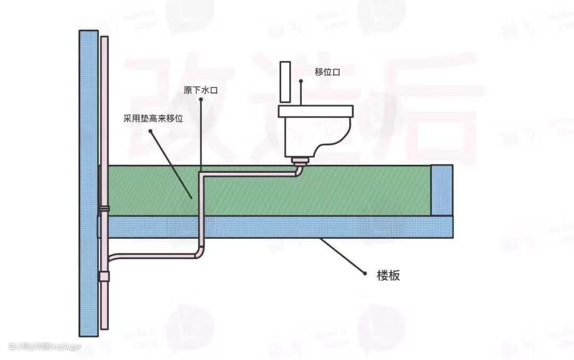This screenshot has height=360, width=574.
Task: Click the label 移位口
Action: pyautogui.click(x=327, y=72)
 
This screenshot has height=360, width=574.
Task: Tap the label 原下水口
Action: pyautogui.click(x=200, y=90)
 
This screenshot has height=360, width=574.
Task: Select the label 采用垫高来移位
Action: pyautogui.click(x=153, y=119)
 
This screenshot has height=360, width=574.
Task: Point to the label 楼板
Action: pyautogui.click(x=388, y=275)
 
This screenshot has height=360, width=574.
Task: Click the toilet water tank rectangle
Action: pyautogui.click(x=285, y=82)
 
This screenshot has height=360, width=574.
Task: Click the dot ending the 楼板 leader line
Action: pyautogui.click(x=365, y=273)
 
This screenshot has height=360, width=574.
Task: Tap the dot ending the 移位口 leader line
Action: pyautogui.click(x=301, y=82)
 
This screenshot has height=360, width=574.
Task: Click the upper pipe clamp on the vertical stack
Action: pyautogui.click(x=104, y=208)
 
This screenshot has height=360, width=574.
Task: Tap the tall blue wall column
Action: pyautogui.click(x=88, y=181)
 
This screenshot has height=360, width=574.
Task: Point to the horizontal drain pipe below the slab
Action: pyautogui.click(x=154, y=255)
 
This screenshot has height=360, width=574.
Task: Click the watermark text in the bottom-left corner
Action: pyautogui.click(x=45, y=346)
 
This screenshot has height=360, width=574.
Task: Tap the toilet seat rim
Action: pyautogui.click(x=316, y=111)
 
